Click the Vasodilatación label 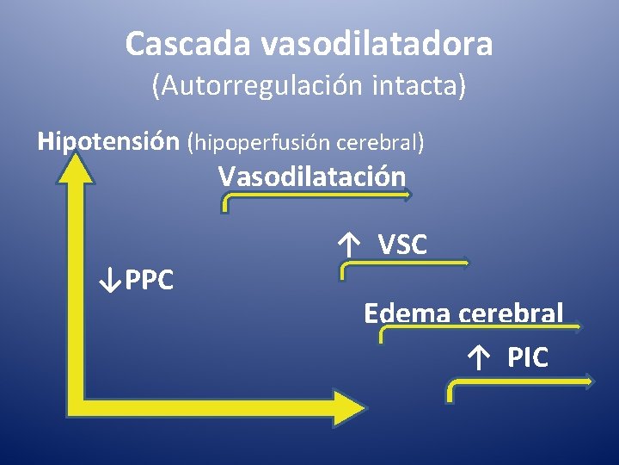click(x=311, y=177)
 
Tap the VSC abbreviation click(x=402, y=245)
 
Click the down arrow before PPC click(x=108, y=280)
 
